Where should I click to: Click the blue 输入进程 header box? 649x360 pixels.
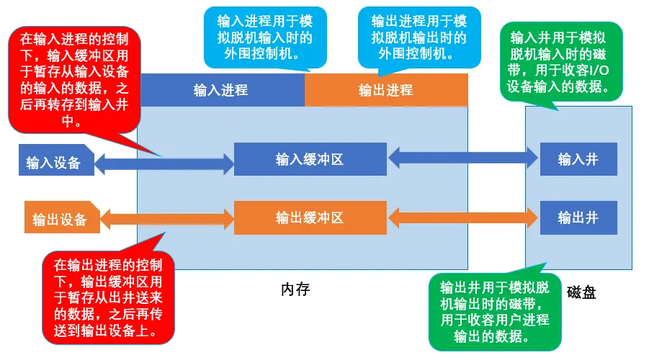point(221,90)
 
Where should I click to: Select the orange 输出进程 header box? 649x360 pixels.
point(386,90)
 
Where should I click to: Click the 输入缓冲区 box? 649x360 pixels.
point(310,159)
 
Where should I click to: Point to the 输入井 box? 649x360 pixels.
point(578,159)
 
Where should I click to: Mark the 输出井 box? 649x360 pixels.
point(578,217)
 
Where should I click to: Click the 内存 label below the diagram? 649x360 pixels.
point(295,289)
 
